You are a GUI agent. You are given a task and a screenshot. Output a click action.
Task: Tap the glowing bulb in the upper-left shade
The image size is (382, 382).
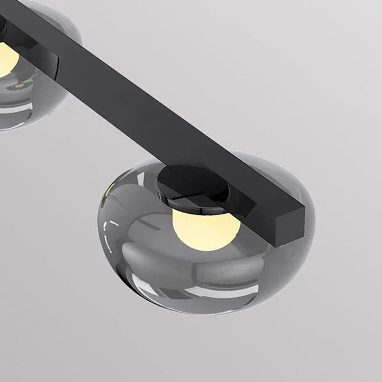point(7,58)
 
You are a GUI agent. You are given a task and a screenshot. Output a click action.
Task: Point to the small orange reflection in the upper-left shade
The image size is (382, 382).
point(19,85)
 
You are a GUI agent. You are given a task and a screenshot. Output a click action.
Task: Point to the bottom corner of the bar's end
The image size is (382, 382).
point(277,246)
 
